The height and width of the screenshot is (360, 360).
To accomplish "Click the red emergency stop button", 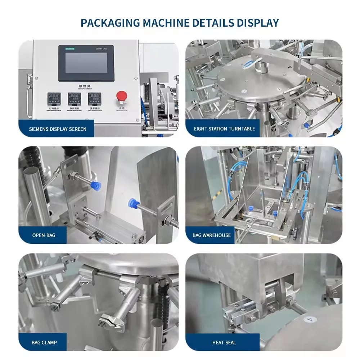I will [122, 96].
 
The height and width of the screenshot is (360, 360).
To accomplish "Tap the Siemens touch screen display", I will [86, 63].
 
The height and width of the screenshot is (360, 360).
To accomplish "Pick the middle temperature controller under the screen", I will [74, 99].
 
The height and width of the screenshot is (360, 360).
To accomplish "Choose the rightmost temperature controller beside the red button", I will [94, 99].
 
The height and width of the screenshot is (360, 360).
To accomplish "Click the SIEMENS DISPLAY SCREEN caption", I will [58, 129].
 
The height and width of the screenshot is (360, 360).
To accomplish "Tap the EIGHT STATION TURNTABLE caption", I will [224, 129].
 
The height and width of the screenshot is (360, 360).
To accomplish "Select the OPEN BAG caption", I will [44, 235].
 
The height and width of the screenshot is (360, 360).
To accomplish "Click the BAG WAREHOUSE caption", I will [212, 235].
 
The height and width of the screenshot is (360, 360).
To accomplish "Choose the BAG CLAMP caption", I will [44, 342].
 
